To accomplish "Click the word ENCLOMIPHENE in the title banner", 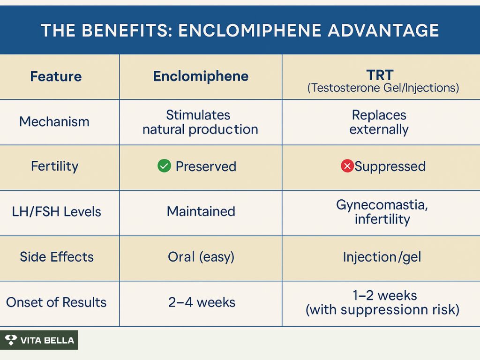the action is [250, 30].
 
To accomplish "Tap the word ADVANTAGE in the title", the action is [383, 30].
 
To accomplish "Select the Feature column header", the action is [56, 76].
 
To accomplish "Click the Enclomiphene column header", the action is [201, 76].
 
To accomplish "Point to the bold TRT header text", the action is [380, 75].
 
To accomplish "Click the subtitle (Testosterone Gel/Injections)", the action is [383, 88].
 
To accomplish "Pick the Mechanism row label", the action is [54, 121].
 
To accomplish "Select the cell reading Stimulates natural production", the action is [201, 122].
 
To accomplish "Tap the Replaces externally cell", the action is [379, 122].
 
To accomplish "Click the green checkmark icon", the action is [165, 166].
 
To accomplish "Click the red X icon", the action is [347, 166].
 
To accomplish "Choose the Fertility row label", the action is [55, 166].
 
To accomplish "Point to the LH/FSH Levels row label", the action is [56, 211].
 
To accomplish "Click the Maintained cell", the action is [201, 211].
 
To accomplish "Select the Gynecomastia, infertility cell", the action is [382, 212].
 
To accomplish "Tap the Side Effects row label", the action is [57, 257].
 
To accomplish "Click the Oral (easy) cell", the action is [201, 257].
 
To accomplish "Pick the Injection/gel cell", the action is [382, 257].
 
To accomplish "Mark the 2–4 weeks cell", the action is [202, 302].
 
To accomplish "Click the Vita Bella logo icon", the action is [11, 340].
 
